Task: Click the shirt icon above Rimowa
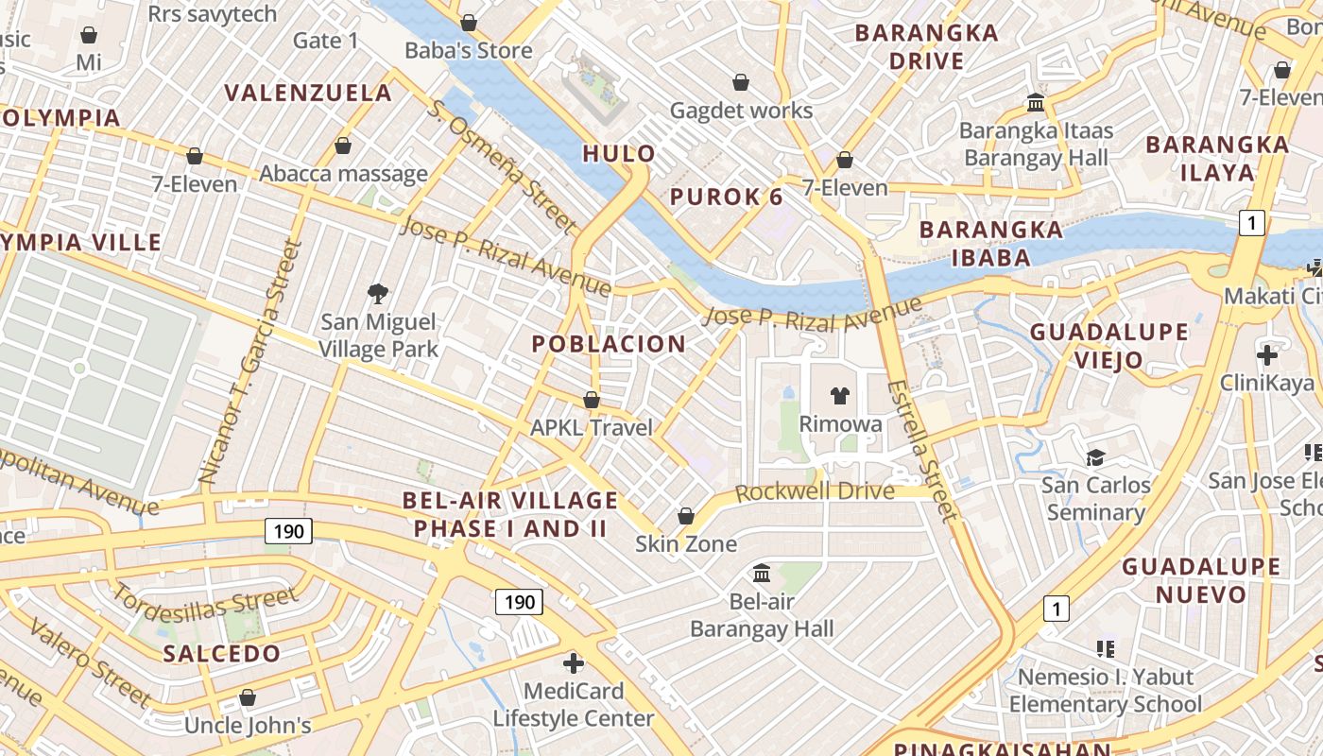[x=839, y=395]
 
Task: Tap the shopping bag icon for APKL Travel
[x=592, y=400]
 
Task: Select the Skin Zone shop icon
[x=686, y=516]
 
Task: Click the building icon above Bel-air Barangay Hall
[x=762, y=573]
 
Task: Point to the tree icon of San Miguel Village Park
[x=378, y=293]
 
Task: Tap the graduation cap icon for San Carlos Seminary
[x=1095, y=457]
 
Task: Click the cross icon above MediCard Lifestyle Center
[x=573, y=662]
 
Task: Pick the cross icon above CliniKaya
[x=1267, y=355]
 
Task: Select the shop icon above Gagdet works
[x=741, y=82]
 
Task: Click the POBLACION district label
[x=609, y=344]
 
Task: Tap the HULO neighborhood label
[x=619, y=153]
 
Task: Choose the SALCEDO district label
[x=222, y=653]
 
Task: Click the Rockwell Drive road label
[x=815, y=491]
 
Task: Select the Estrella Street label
[x=923, y=450]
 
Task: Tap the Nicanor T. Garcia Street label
[x=249, y=363]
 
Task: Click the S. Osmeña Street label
[x=502, y=166]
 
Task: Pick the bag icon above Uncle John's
[x=248, y=697]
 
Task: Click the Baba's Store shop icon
[x=469, y=22]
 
